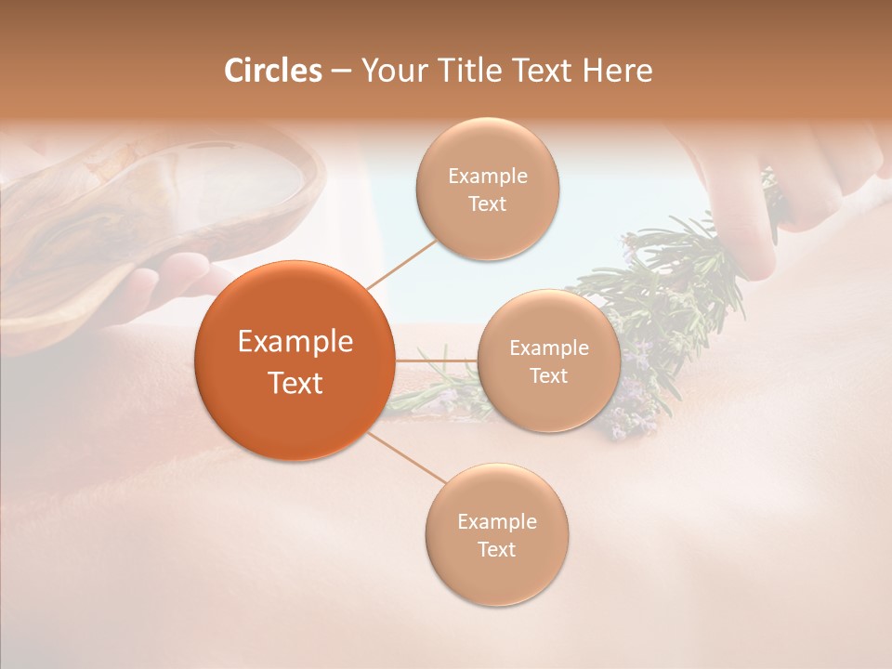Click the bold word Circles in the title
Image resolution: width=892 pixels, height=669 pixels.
[272, 71]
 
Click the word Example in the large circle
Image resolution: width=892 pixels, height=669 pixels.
[295, 342]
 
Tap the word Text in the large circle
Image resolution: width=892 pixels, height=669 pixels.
[295, 383]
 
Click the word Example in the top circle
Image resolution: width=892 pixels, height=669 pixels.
[488, 176]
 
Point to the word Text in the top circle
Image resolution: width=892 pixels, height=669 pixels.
[488, 203]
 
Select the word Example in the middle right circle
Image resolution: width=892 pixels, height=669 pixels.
[549, 348]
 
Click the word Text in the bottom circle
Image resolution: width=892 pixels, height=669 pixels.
[496, 549]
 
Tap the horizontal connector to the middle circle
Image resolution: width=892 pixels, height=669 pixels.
[436, 360]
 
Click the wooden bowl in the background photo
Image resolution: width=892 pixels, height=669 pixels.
[139, 214]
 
